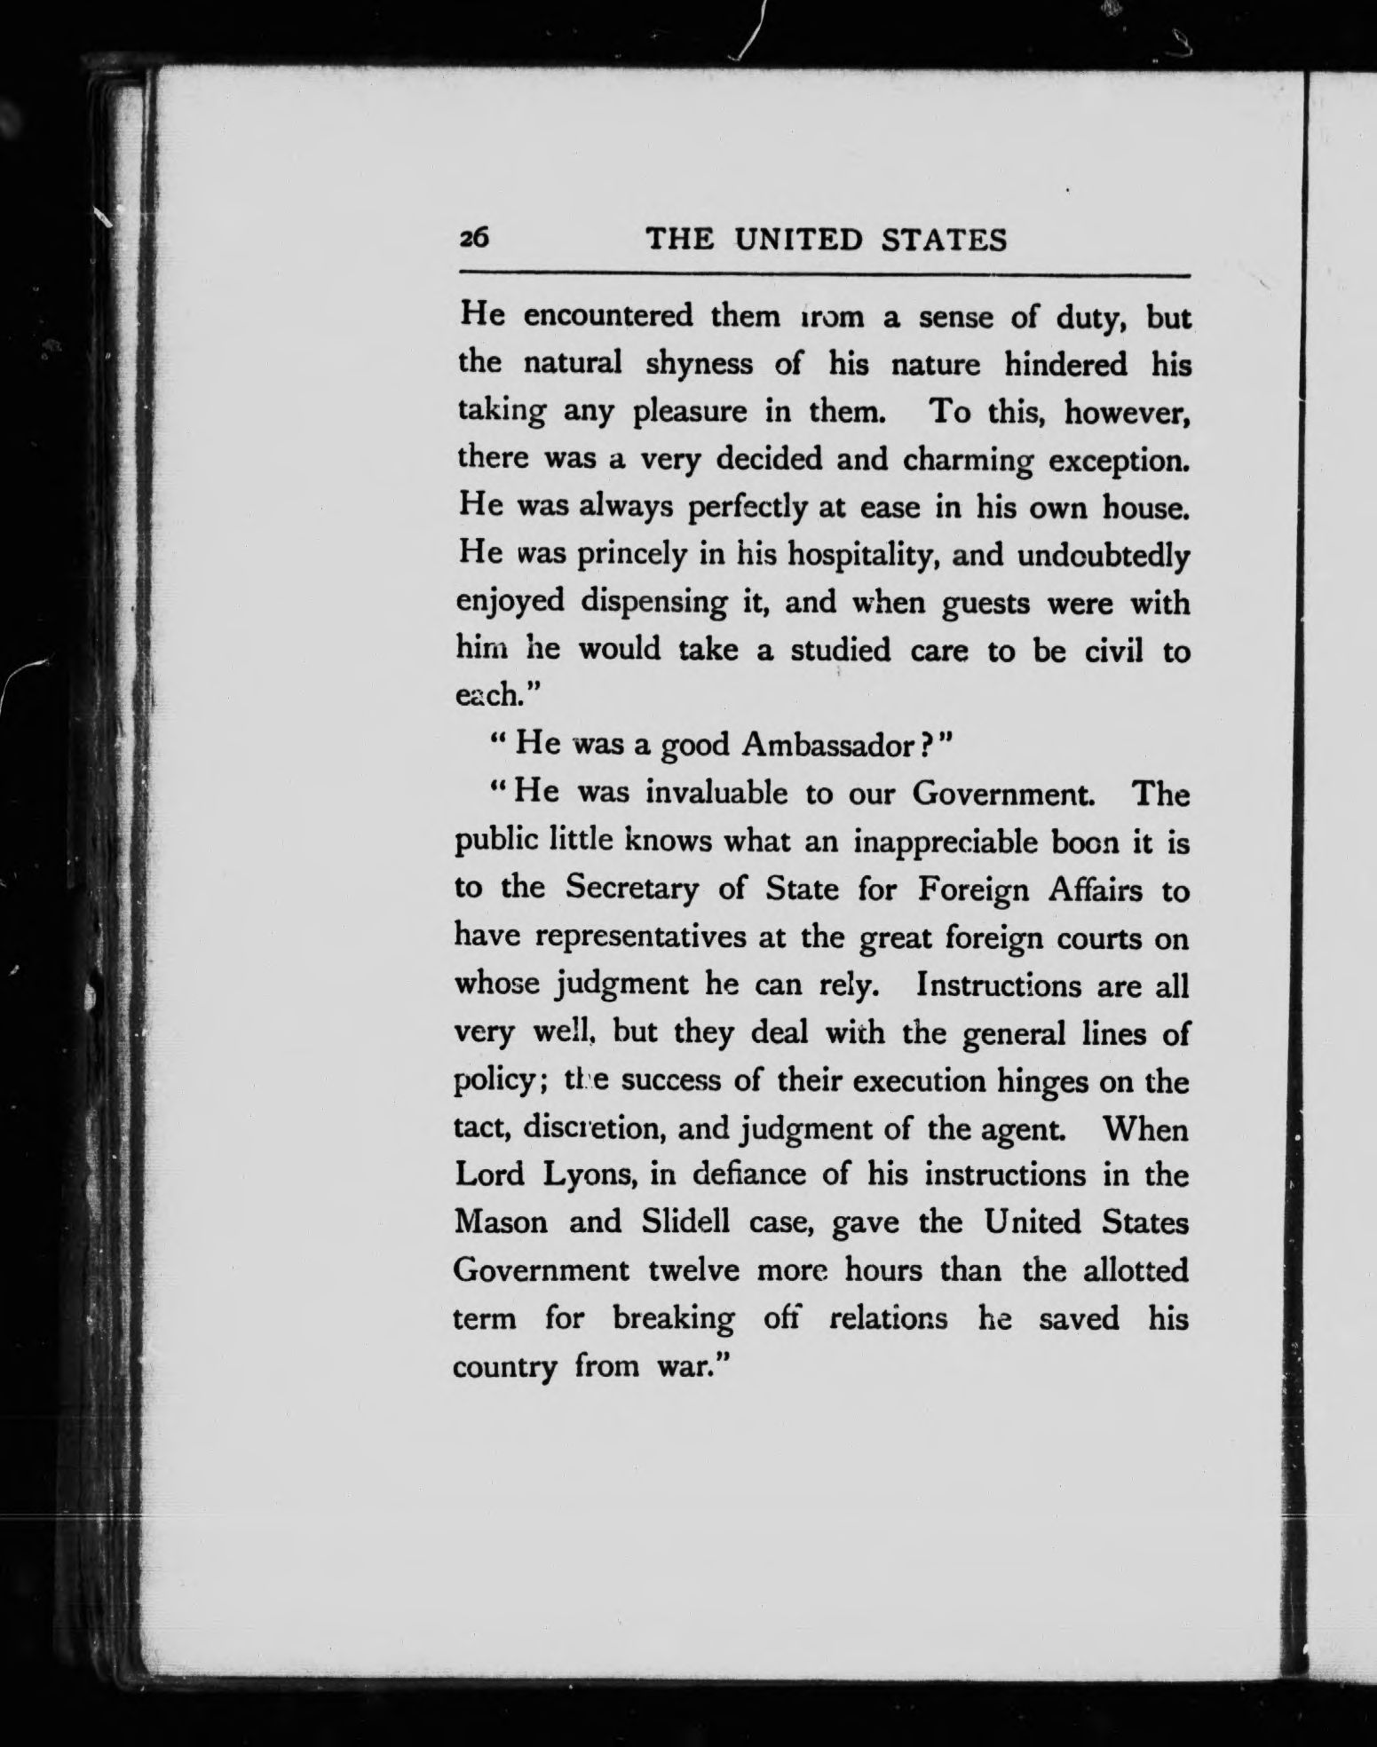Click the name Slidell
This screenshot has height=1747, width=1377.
685,1222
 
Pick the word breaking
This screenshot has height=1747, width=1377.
674,1320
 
